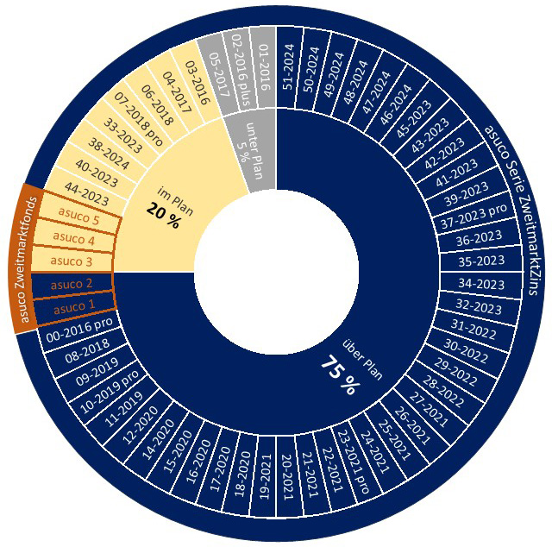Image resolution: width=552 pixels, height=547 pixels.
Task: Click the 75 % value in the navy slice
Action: tap(339, 376)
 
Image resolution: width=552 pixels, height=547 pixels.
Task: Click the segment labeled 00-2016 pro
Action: tap(78, 332)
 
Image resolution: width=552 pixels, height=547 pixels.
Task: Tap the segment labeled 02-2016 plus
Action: tap(239, 68)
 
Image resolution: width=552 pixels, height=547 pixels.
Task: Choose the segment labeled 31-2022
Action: tap(474, 327)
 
